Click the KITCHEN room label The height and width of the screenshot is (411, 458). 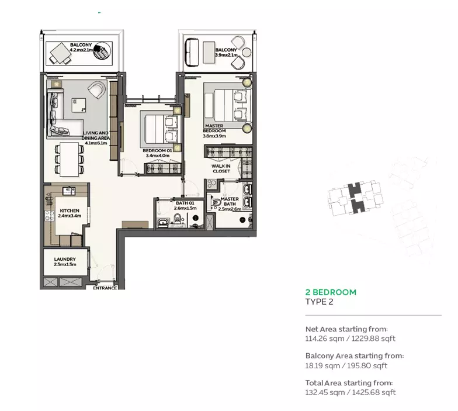point(70,210)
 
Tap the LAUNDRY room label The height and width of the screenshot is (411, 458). point(65,259)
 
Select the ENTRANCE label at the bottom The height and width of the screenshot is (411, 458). point(105,288)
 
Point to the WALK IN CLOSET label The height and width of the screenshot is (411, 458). point(221,168)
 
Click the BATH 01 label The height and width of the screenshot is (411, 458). point(185,203)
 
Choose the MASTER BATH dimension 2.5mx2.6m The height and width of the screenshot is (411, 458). point(230,209)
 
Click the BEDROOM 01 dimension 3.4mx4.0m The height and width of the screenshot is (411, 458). point(158,156)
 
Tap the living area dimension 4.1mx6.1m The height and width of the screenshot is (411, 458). point(96,143)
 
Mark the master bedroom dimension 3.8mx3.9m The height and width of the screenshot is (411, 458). point(214,136)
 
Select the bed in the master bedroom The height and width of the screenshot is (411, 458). point(228,105)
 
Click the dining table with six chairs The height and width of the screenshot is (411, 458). point(69,159)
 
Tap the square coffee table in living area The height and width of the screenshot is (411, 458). point(79,105)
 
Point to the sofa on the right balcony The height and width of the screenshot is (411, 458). point(192,52)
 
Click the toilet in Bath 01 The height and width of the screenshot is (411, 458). point(178,219)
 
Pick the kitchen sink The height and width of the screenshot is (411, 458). point(69,191)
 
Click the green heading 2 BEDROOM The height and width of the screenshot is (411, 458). point(331,292)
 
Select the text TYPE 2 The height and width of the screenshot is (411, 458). point(319,302)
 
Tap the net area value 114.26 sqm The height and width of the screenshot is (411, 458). point(325,339)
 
